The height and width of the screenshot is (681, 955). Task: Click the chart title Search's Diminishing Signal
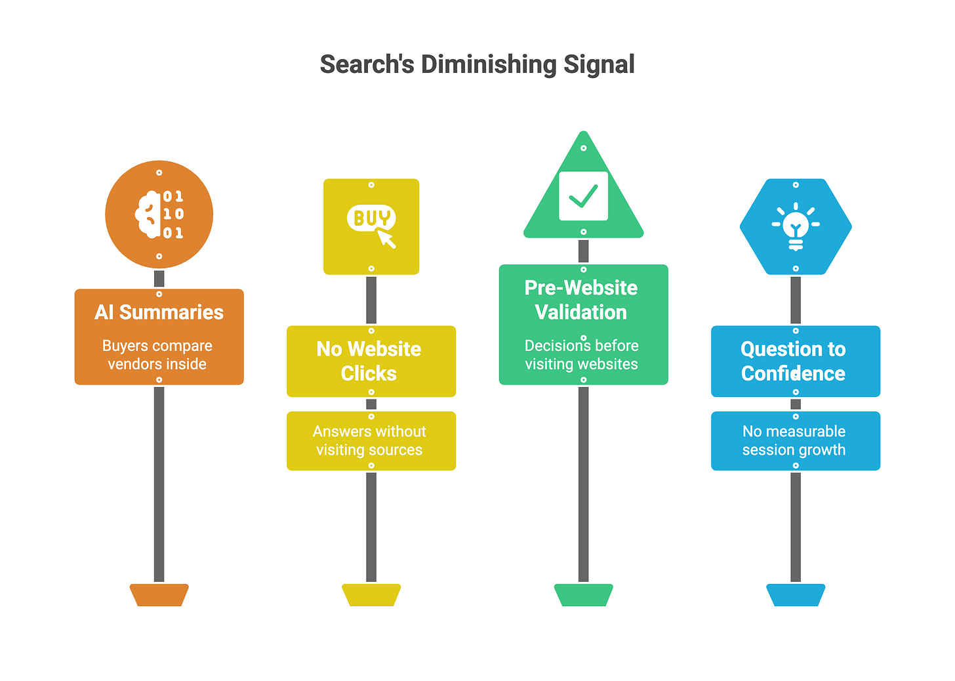click(477, 64)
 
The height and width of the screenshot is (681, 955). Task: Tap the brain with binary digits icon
click(159, 215)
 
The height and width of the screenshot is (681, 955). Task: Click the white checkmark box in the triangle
click(583, 196)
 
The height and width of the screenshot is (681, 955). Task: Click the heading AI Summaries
click(159, 312)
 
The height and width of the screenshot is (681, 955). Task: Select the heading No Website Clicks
click(369, 361)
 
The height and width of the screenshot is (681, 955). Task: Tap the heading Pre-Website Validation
click(581, 300)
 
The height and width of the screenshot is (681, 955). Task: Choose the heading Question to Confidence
click(793, 361)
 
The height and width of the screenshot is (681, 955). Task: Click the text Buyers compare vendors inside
click(157, 355)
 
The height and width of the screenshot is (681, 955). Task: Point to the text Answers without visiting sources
click(369, 440)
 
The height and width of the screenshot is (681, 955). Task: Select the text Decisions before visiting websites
click(581, 355)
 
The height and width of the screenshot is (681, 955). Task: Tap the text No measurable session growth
click(794, 440)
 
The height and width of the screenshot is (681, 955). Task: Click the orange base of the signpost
click(159, 595)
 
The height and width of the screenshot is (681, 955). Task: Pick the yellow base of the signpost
click(371, 595)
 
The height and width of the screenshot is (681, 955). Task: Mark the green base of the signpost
click(583, 595)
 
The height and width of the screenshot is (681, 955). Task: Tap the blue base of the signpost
click(796, 595)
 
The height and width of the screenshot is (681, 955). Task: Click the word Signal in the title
click(599, 64)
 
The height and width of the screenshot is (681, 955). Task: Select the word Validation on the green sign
click(581, 312)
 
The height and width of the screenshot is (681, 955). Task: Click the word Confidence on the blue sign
click(793, 373)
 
